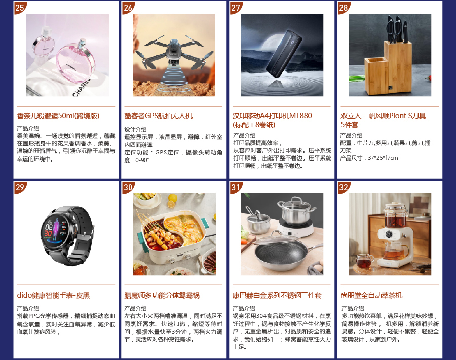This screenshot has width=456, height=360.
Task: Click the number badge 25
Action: click(20, 8)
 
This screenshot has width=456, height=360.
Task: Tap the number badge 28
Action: click(344, 8)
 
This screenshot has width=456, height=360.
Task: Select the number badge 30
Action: click(128, 187)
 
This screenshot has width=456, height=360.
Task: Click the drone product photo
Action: click(174, 55)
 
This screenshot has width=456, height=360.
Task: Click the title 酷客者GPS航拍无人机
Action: click(159, 116)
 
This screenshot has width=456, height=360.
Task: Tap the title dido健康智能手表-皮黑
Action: click(53, 296)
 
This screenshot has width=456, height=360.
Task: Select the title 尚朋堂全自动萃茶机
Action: click(371, 296)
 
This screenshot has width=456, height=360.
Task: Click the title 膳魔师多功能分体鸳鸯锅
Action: click(162, 296)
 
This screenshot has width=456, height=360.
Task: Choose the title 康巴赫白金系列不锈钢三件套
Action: click(277, 296)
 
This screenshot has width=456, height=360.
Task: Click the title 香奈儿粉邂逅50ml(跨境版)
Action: click(58, 116)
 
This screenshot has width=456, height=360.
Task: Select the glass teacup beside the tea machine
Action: click(364, 261)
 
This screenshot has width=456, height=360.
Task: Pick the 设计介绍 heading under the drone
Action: click(135, 129)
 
